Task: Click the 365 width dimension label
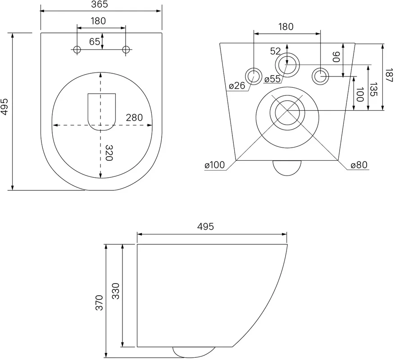99,4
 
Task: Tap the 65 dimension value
95,41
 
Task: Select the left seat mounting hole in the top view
77,49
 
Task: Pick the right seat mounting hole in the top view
126,49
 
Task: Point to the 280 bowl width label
134,117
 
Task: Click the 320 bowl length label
109,153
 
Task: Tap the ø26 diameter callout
237,86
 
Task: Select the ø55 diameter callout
272,79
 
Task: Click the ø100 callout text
215,165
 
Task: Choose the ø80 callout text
359,165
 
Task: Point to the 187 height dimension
389,75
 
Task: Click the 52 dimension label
275,51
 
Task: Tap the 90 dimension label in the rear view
336,57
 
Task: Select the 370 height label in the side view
100,302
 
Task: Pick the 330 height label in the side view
116,291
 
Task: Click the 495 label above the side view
205,226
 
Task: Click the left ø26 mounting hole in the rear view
254,76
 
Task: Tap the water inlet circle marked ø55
287,65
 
